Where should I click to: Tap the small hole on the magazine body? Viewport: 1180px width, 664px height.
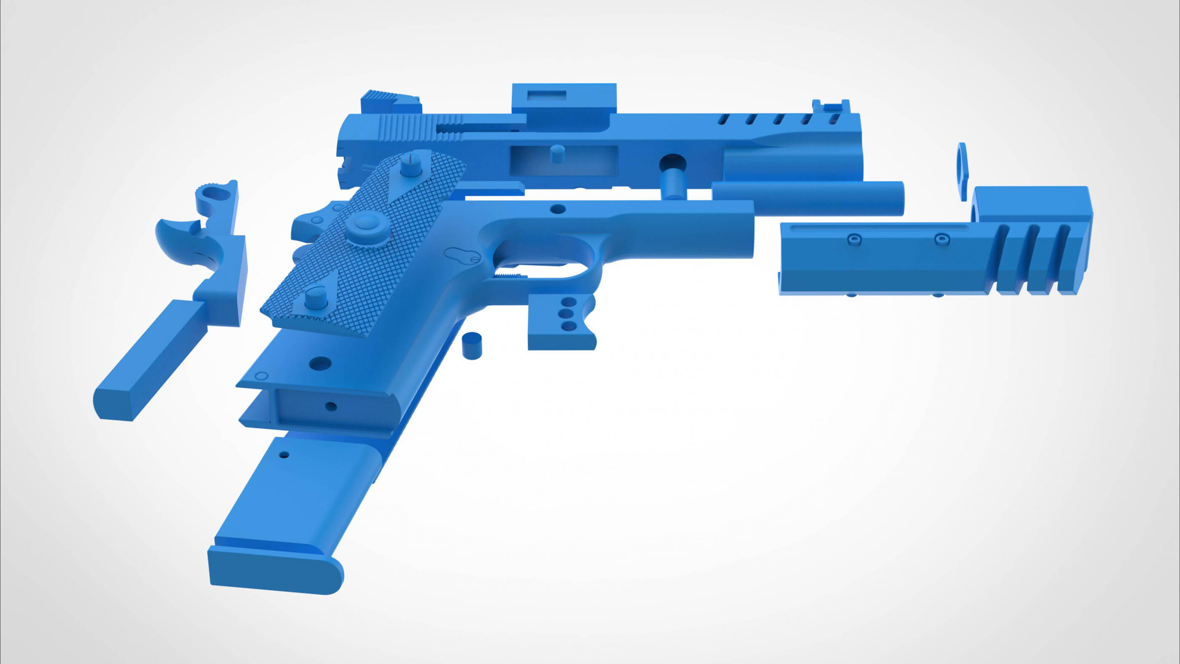[284, 456]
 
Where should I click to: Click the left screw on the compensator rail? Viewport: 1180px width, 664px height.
[854, 239]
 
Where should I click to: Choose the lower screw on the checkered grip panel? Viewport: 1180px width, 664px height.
[315, 298]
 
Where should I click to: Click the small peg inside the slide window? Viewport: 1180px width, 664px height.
[557, 154]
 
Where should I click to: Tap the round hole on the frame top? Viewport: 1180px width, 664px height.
[557, 209]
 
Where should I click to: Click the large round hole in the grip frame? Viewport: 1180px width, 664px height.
[320, 364]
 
